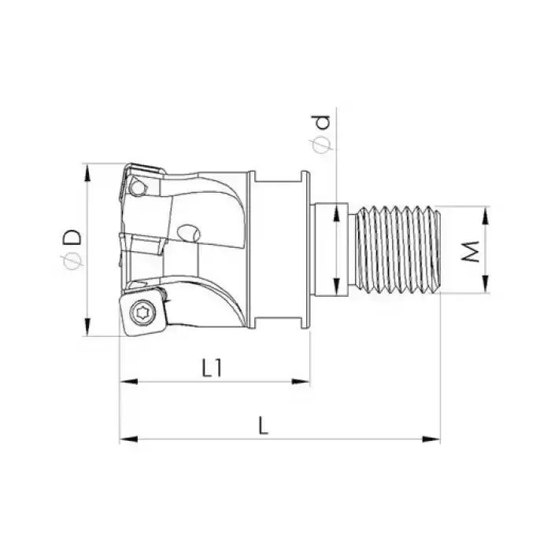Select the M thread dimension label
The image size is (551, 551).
pyautogui.click(x=470, y=251)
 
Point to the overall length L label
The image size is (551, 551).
pyautogui.click(x=264, y=426)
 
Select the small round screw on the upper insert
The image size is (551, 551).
pyautogui.click(x=140, y=189)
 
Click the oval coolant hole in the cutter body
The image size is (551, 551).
pyautogui.click(x=189, y=233)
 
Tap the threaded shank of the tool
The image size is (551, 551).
pyautogui.click(x=398, y=249)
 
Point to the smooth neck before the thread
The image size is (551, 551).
pyautogui.click(x=335, y=249)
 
